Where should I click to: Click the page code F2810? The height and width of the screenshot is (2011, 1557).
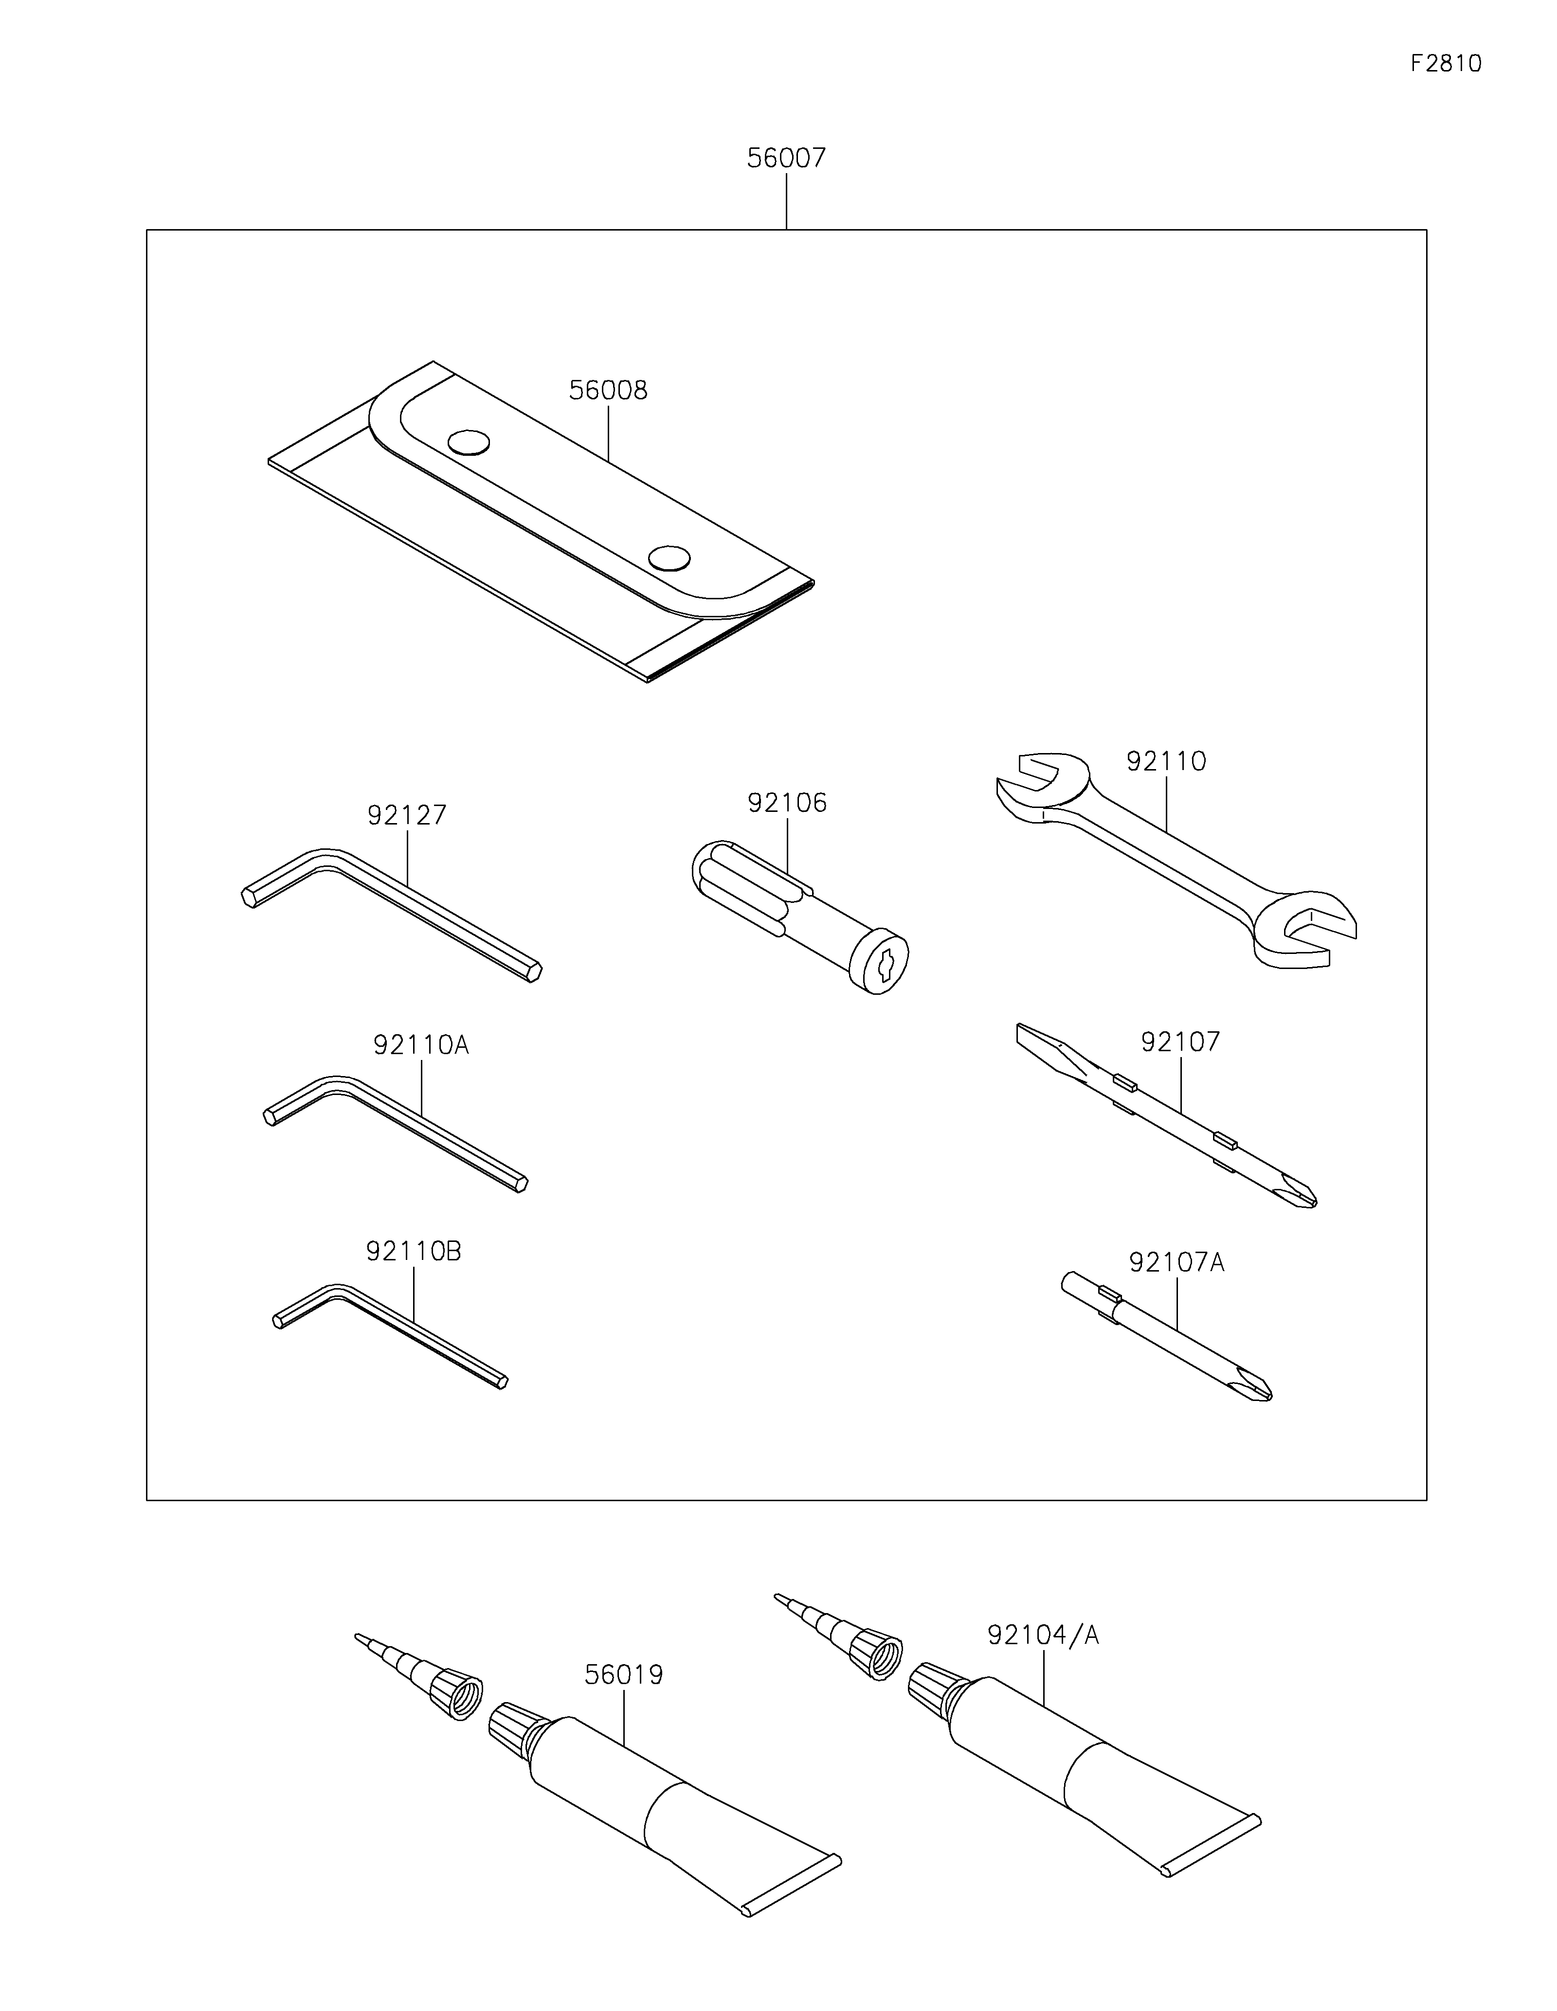coord(1446,64)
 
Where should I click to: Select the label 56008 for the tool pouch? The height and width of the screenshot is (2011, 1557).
coord(608,391)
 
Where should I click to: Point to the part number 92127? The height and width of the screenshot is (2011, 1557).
coord(406,815)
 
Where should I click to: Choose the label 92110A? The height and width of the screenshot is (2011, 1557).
coord(421,1045)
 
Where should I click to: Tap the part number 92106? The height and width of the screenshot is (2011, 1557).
coord(787,803)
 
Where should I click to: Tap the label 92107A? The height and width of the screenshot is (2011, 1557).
coord(1176,1262)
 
